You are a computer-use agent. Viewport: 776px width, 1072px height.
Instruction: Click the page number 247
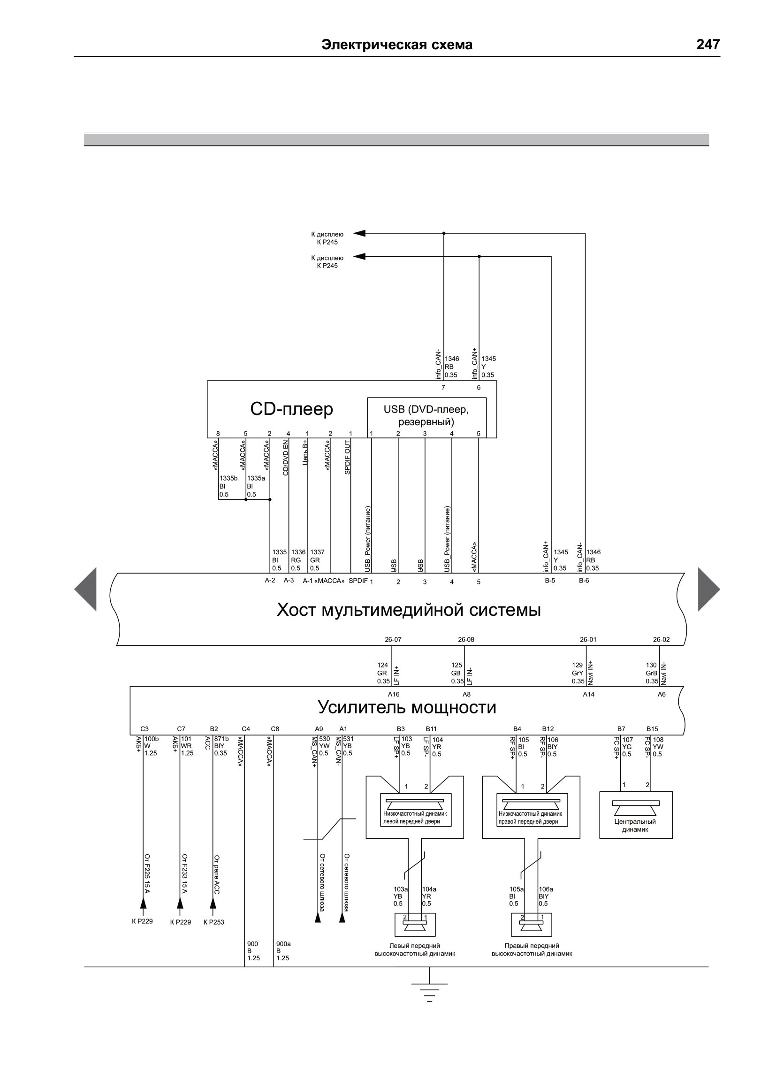point(708,45)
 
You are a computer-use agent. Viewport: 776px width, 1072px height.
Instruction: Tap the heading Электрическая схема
point(396,45)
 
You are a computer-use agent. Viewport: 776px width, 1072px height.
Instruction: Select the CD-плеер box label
point(292,409)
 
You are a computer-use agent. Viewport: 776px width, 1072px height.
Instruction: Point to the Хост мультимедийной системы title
point(408,610)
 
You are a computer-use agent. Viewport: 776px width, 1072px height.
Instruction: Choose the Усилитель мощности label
point(407,707)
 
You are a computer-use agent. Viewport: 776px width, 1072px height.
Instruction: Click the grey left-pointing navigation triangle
point(85,589)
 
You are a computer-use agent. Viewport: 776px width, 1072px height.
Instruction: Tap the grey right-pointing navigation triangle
point(709,589)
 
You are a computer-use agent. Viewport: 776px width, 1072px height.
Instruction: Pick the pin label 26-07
point(393,640)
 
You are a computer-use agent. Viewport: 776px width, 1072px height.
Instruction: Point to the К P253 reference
point(213,922)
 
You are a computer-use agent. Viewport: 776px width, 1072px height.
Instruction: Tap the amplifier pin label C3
point(145,729)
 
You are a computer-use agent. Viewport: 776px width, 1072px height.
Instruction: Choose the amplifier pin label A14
point(588,694)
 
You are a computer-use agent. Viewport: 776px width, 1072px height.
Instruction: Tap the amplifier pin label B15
point(652,729)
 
